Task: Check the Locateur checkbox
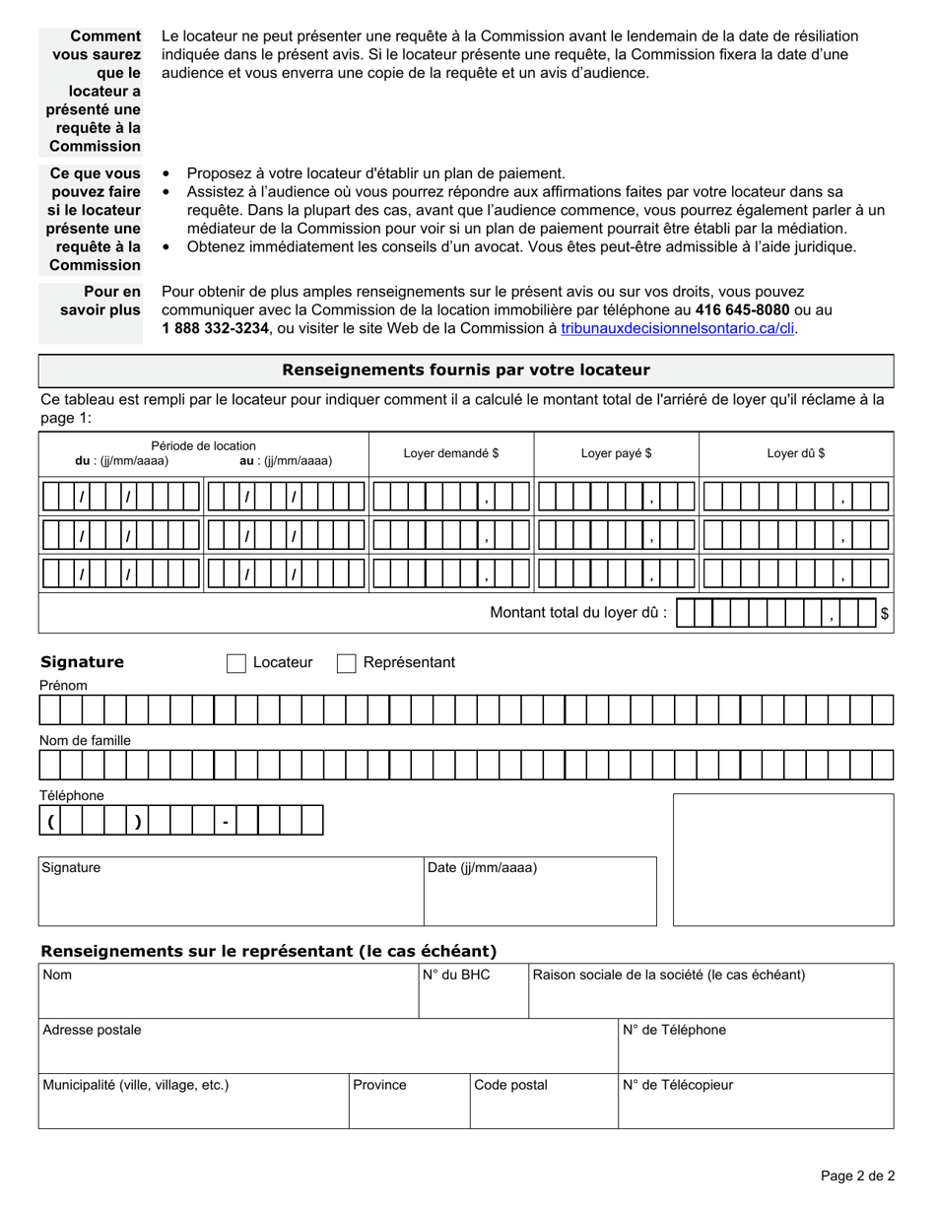[x=236, y=663]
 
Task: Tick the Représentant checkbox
[x=347, y=663]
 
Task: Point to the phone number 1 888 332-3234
[x=215, y=329]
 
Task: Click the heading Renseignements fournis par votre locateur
[x=466, y=370]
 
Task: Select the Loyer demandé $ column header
[x=451, y=453]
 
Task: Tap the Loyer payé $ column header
[x=616, y=453]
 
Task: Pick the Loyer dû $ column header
[x=796, y=453]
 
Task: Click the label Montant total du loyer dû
[x=578, y=613]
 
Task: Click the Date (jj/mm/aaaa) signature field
[x=540, y=892]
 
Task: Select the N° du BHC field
[x=473, y=991]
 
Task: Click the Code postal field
[x=543, y=1102]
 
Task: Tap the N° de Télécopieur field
[x=755, y=1102]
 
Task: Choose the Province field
[x=409, y=1102]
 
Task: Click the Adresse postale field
[x=327, y=1046]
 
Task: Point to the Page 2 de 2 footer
[x=857, y=1176]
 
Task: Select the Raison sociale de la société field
[x=710, y=991]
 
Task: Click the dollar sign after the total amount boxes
[x=885, y=614]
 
